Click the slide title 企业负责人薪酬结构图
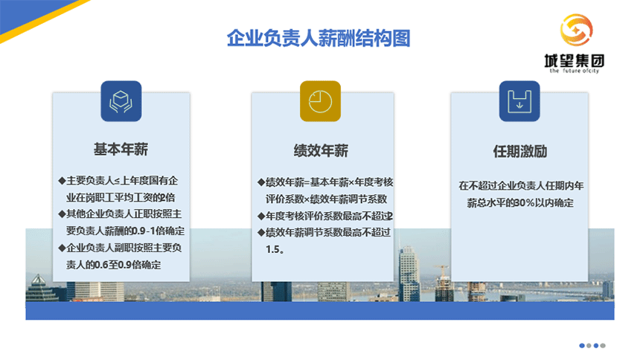coord(319,39)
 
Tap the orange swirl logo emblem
coord(576,30)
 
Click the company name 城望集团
coord(575,61)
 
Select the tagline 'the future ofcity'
coord(575,71)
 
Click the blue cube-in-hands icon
coord(121,101)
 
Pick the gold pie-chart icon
coord(320,101)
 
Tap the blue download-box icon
coord(519,101)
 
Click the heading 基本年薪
coord(121,149)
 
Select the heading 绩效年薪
coord(321,150)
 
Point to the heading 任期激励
coord(520,152)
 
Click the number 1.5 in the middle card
coord(272,249)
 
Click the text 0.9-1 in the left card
coord(144,231)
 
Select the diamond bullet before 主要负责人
coord(62,180)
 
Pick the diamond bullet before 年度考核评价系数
coord(260,216)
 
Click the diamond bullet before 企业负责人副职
coord(62,248)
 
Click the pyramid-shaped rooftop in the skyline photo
coord(39,280)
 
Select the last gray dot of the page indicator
coord(603,346)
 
